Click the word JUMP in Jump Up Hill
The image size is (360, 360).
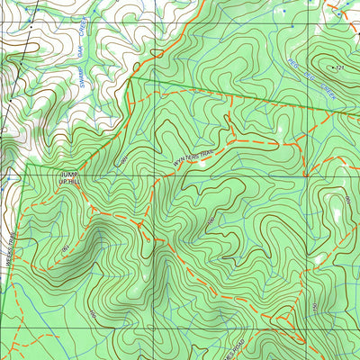pos(68,173)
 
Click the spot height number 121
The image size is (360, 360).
pos(340,67)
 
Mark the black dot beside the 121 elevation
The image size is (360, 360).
pos(333,67)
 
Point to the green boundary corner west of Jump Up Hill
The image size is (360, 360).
pos(27,166)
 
